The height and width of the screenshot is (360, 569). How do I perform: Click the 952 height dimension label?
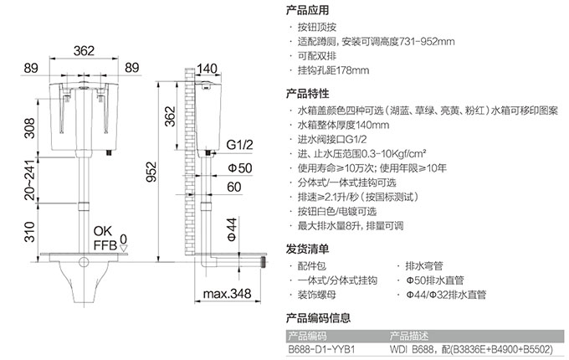pyautogui.click(x=151, y=172)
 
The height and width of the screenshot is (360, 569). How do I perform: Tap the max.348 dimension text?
pyautogui.click(x=227, y=293)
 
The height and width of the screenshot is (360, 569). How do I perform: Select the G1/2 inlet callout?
pyautogui.click(x=239, y=145)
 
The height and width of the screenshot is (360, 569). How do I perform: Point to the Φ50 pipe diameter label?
pyautogui.click(x=239, y=167)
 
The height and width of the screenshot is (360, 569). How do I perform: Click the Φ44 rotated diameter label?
pyautogui.click(x=232, y=229)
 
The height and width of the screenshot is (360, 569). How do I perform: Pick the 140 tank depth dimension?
pyautogui.click(x=207, y=68)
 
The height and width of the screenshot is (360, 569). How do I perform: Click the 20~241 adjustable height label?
pyautogui.click(x=29, y=180)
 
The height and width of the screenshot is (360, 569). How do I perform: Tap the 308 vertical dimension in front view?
pyautogui.click(x=29, y=128)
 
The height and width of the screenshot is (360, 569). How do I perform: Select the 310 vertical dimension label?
pyautogui.click(x=29, y=232)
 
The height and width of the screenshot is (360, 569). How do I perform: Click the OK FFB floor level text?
pyautogui.click(x=105, y=238)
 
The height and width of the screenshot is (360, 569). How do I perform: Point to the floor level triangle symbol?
pyautogui.click(x=124, y=248)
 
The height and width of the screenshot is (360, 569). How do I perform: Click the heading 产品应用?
pyautogui.click(x=307, y=10)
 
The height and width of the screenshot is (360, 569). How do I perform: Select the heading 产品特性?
pyautogui.click(x=307, y=93)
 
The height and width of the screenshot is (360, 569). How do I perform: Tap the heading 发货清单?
pyautogui.click(x=307, y=249)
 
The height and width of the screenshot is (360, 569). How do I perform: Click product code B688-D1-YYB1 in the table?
pyautogui.click(x=321, y=349)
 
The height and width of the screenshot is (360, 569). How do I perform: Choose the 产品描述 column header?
pyautogui.click(x=409, y=336)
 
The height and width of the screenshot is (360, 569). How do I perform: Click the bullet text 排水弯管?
pyautogui.click(x=424, y=266)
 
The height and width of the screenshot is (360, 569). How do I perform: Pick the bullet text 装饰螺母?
pyautogui.click(x=317, y=295)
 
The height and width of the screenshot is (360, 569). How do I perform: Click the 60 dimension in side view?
pyautogui.click(x=234, y=187)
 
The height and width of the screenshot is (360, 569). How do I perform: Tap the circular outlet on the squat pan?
pyautogui.click(x=84, y=262)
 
